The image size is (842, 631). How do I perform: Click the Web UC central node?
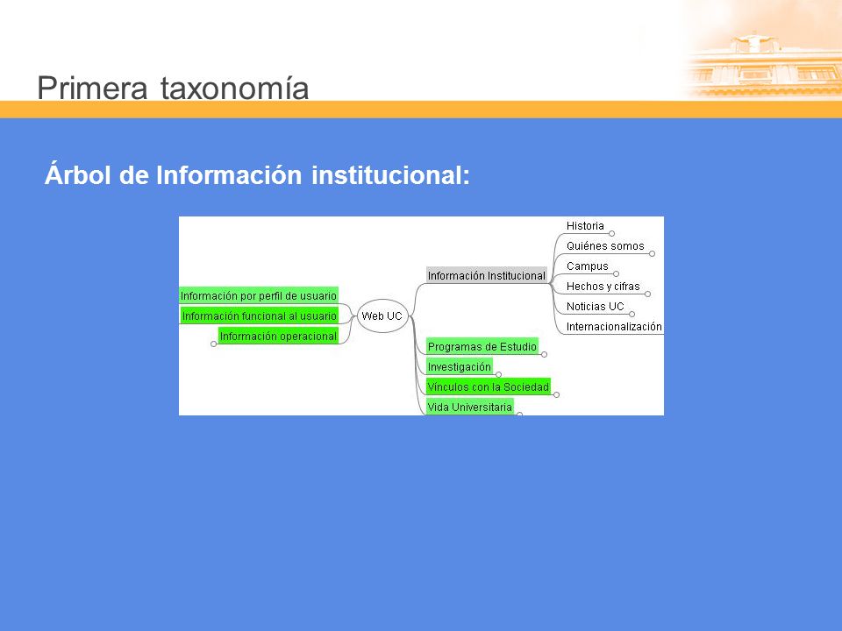click(x=382, y=316)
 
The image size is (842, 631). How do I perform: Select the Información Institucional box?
click(x=487, y=275)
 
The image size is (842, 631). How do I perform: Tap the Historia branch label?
click(x=585, y=226)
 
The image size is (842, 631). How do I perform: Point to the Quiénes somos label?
click(x=605, y=245)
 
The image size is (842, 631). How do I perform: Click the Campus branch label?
click(x=588, y=266)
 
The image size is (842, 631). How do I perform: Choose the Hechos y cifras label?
click(x=603, y=287)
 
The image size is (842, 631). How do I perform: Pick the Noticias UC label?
click(x=595, y=307)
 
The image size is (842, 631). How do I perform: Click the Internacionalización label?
click(x=614, y=327)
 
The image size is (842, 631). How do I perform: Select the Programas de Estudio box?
click(x=482, y=347)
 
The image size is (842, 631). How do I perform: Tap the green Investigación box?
click(x=460, y=367)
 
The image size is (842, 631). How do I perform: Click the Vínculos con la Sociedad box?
click(x=489, y=386)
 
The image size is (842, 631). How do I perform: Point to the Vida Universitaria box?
click(x=470, y=407)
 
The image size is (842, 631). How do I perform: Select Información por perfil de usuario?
click(x=259, y=295)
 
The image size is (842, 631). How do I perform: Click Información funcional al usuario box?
click(x=260, y=316)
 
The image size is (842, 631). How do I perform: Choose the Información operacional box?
click(x=278, y=336)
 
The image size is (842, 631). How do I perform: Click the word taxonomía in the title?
click(x=235, y=88)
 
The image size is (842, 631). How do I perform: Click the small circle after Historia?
click(x=611, y=233)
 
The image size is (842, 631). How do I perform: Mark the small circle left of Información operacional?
click(x=214, y=344)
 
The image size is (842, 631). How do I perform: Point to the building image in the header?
click(x=762, y=59)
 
